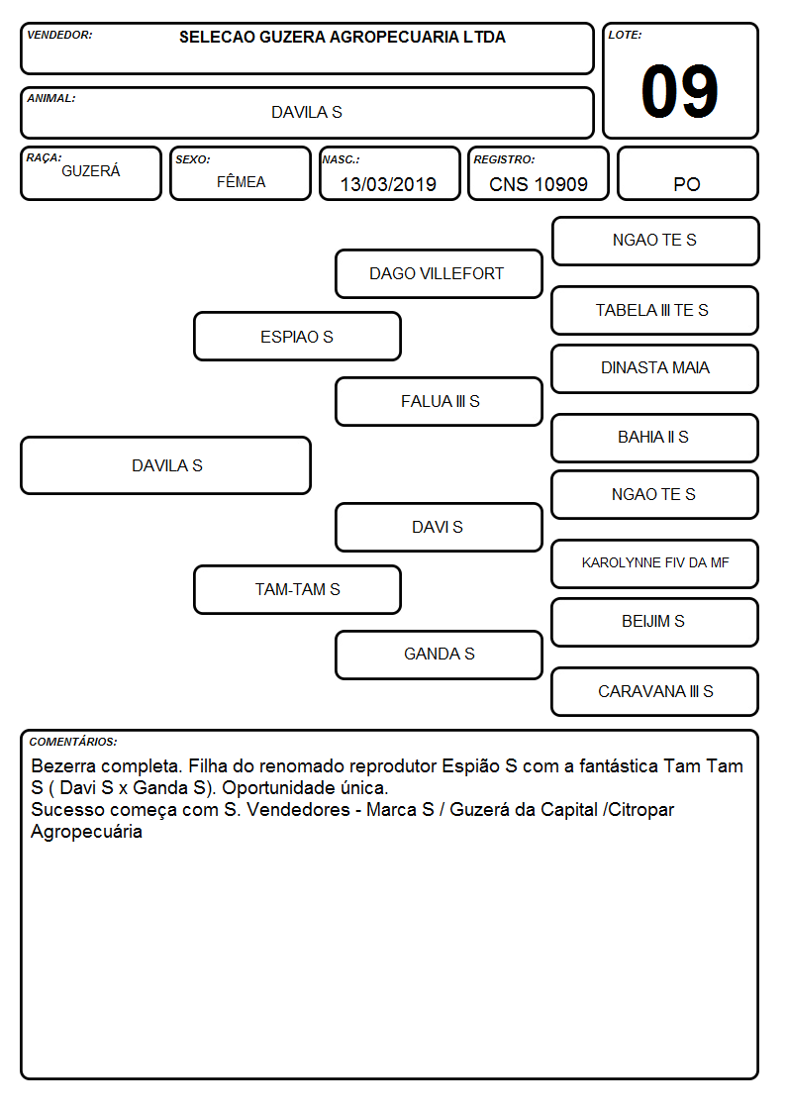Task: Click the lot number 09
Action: coord(679,91)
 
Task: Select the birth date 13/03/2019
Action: coord(388,184)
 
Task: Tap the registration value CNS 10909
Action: coord(538,184)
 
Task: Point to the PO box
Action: coord(687,173)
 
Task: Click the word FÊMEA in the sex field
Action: coord(241,181)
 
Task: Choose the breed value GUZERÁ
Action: coord(91,171)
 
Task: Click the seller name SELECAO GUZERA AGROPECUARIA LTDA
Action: coord(343,37)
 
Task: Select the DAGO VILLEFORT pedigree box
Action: coord(439,273)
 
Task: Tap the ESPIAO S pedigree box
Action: coord(297,336)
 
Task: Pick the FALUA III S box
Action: coord(439,401)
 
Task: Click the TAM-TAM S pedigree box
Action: coord(297,589)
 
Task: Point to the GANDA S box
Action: coord(439,655)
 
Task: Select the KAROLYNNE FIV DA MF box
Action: coord(655,563)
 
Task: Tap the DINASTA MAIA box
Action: coord(655,368)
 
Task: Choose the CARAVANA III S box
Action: coord(655,691)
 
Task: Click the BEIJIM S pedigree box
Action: coord(655,622)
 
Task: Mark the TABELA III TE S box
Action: coord(655,310)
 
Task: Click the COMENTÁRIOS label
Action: coord(73,742)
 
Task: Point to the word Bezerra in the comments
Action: coord(63,765)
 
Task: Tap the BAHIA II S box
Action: coord(655,438)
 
